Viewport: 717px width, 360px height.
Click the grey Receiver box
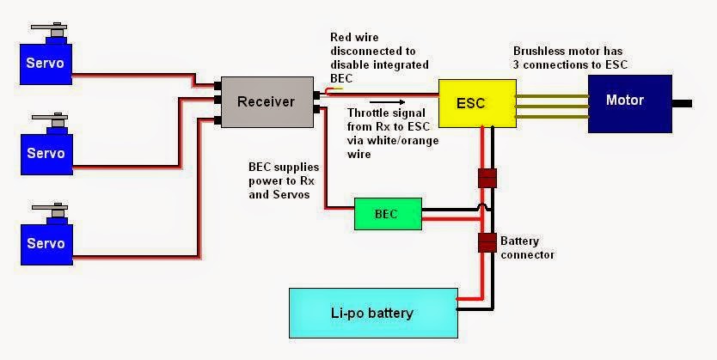point(267,102)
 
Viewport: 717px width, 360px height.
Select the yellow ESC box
point(477,103)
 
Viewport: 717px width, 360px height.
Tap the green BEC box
point(389,214)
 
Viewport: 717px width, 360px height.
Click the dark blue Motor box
point(629,104)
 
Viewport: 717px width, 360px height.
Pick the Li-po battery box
point(374,313)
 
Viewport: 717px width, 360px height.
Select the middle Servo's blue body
point(46,152)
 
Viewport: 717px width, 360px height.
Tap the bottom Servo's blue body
point(46,241)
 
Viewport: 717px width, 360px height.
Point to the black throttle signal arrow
point(387,102)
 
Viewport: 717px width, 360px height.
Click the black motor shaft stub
point(682,104)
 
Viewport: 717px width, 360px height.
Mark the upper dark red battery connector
point(487,178)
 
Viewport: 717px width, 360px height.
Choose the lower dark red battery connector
point(487,242)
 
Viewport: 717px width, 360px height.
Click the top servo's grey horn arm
point(49,27)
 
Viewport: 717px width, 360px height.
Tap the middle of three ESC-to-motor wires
point(552,107)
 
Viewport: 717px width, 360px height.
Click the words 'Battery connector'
point(527,247)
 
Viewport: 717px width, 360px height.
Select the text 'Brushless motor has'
point(568,52)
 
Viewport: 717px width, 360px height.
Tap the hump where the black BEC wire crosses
point(487,207)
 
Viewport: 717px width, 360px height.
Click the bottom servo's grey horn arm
point(49,207)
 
